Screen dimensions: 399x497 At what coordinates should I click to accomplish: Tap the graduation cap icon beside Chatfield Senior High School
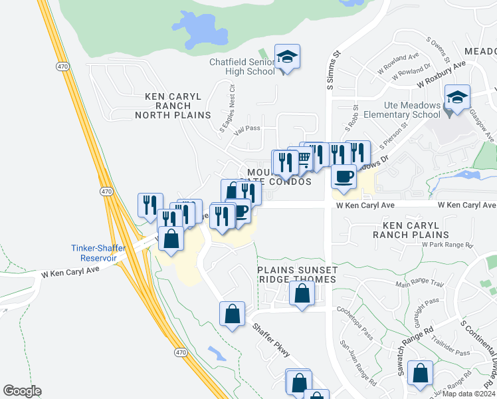pos(287,57)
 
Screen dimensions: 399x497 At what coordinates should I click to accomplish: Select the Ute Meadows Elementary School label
pos(403,110)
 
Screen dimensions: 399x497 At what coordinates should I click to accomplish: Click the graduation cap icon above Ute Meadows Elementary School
pos(458,98)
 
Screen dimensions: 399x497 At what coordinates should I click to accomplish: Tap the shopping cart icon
pos(303,158)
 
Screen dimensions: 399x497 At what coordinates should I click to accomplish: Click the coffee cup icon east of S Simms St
pos(344,177)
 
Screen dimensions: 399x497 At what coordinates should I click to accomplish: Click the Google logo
pos(22,391)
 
